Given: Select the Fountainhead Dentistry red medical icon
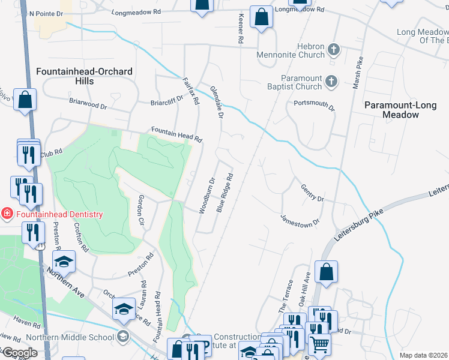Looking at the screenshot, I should tap(6, 214).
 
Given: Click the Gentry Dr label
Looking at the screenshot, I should tap(312, 193).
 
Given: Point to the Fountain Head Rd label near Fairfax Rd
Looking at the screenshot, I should tap(176, 133).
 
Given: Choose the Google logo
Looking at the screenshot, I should tap(20, 353).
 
